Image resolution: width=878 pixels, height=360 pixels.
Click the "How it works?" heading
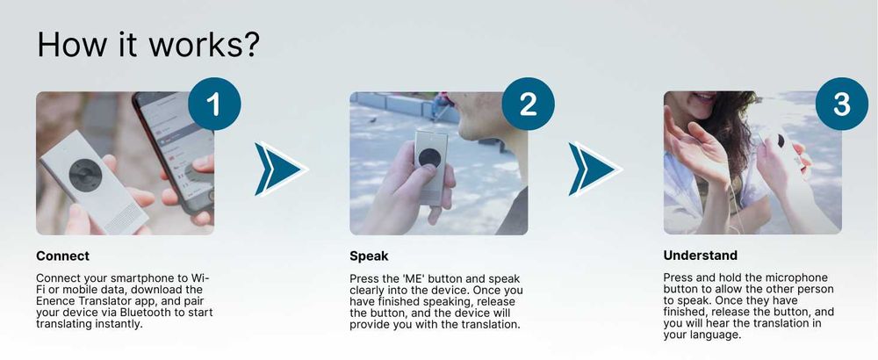coord(148,44)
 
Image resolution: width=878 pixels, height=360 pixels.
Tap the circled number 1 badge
coord(214,104)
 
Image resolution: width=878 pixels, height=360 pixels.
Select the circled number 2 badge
coord(528,104)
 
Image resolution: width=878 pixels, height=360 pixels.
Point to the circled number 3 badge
coord(842,104)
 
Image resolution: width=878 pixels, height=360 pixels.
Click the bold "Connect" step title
coord(62,256)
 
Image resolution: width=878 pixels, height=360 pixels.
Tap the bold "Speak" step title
coord(369,256)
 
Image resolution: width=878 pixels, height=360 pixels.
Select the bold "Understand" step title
coord(701,256)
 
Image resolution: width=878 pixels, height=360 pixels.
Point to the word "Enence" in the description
coord(54,301)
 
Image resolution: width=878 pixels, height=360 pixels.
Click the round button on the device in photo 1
coord(86,175)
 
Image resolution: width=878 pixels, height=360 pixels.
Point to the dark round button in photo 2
coord(429,157)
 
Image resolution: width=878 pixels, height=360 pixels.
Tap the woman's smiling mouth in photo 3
coord(703,97)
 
